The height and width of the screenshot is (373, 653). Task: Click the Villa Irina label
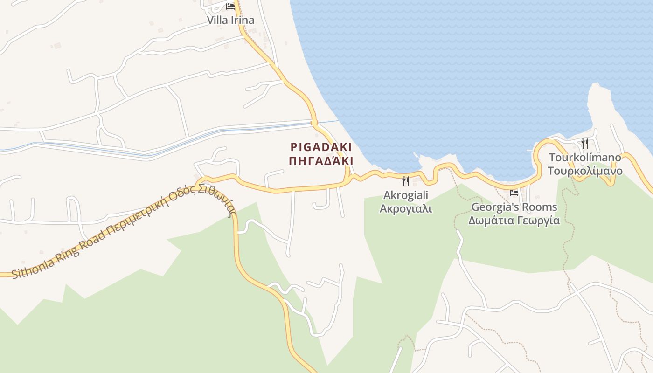(231, 20)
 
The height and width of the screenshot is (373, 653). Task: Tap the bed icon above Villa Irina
(230, 7)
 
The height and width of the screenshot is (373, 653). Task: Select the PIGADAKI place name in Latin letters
(321, 147)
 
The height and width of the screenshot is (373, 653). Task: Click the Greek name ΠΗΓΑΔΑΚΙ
(321, 161)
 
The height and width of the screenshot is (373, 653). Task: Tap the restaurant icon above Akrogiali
(405, 181)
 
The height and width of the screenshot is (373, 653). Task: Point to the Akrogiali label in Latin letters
(405, 195)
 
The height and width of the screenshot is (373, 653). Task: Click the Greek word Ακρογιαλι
(405, 208)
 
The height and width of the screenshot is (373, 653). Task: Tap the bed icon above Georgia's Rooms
(514, 193)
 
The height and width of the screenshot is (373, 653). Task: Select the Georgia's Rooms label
(514, 207)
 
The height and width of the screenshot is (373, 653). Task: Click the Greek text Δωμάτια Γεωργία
(514, 220)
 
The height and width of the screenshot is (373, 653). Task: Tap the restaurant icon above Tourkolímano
(584, 143)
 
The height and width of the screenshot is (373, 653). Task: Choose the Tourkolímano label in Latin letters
(584, 157)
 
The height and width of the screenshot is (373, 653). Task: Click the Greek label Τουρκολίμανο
(584, 171)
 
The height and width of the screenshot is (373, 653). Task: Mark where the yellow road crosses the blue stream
(314, 123)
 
